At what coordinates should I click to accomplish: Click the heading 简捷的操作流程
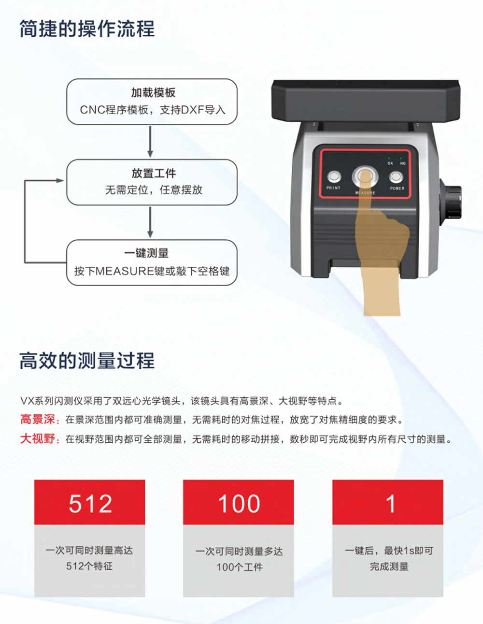coord(87,29)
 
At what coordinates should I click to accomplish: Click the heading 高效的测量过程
coord(87,361)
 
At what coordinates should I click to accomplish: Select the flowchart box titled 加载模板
coord(152,102)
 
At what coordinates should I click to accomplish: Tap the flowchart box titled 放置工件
coord(152,182)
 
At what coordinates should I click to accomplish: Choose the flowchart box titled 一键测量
coord(152,262)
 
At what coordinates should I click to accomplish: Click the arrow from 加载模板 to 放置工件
coord(150,141)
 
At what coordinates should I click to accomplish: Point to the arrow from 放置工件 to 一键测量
coord(150,222)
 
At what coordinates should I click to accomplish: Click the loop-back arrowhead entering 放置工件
coord(60,180)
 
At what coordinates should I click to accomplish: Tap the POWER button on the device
coord(396,177)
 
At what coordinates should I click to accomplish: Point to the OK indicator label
coord(390,163)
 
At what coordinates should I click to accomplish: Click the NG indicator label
coord(403,163)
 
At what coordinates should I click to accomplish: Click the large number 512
coord(90,504)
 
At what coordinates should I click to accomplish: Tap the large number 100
coord(239,504)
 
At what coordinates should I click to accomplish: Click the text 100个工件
coord(240,567)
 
